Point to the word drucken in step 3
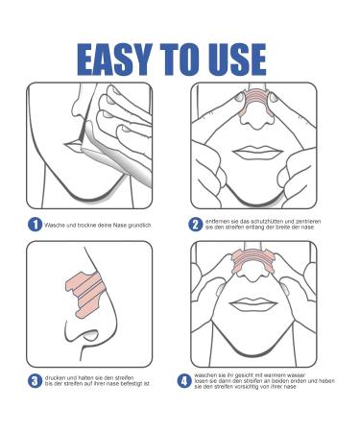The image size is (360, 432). [56, 376]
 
